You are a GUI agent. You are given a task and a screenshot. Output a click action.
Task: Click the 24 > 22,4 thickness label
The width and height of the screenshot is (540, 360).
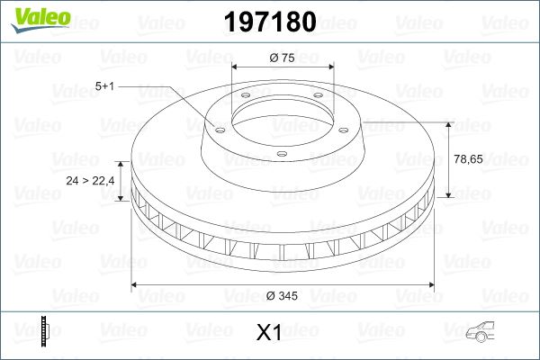[x=91, y=180]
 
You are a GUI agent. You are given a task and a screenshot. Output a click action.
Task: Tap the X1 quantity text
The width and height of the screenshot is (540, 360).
[x=269, y=334]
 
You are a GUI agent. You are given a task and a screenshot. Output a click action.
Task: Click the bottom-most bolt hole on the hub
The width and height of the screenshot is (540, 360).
[x=281, y=154]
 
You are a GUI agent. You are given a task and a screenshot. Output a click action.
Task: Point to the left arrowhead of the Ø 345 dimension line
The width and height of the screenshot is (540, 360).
[x=136, y=285]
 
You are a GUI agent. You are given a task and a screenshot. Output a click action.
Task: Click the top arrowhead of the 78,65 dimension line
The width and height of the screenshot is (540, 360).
[x=447, y=122]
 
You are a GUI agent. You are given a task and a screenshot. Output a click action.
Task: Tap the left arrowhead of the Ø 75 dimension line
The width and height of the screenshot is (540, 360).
[x=235, y=67]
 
